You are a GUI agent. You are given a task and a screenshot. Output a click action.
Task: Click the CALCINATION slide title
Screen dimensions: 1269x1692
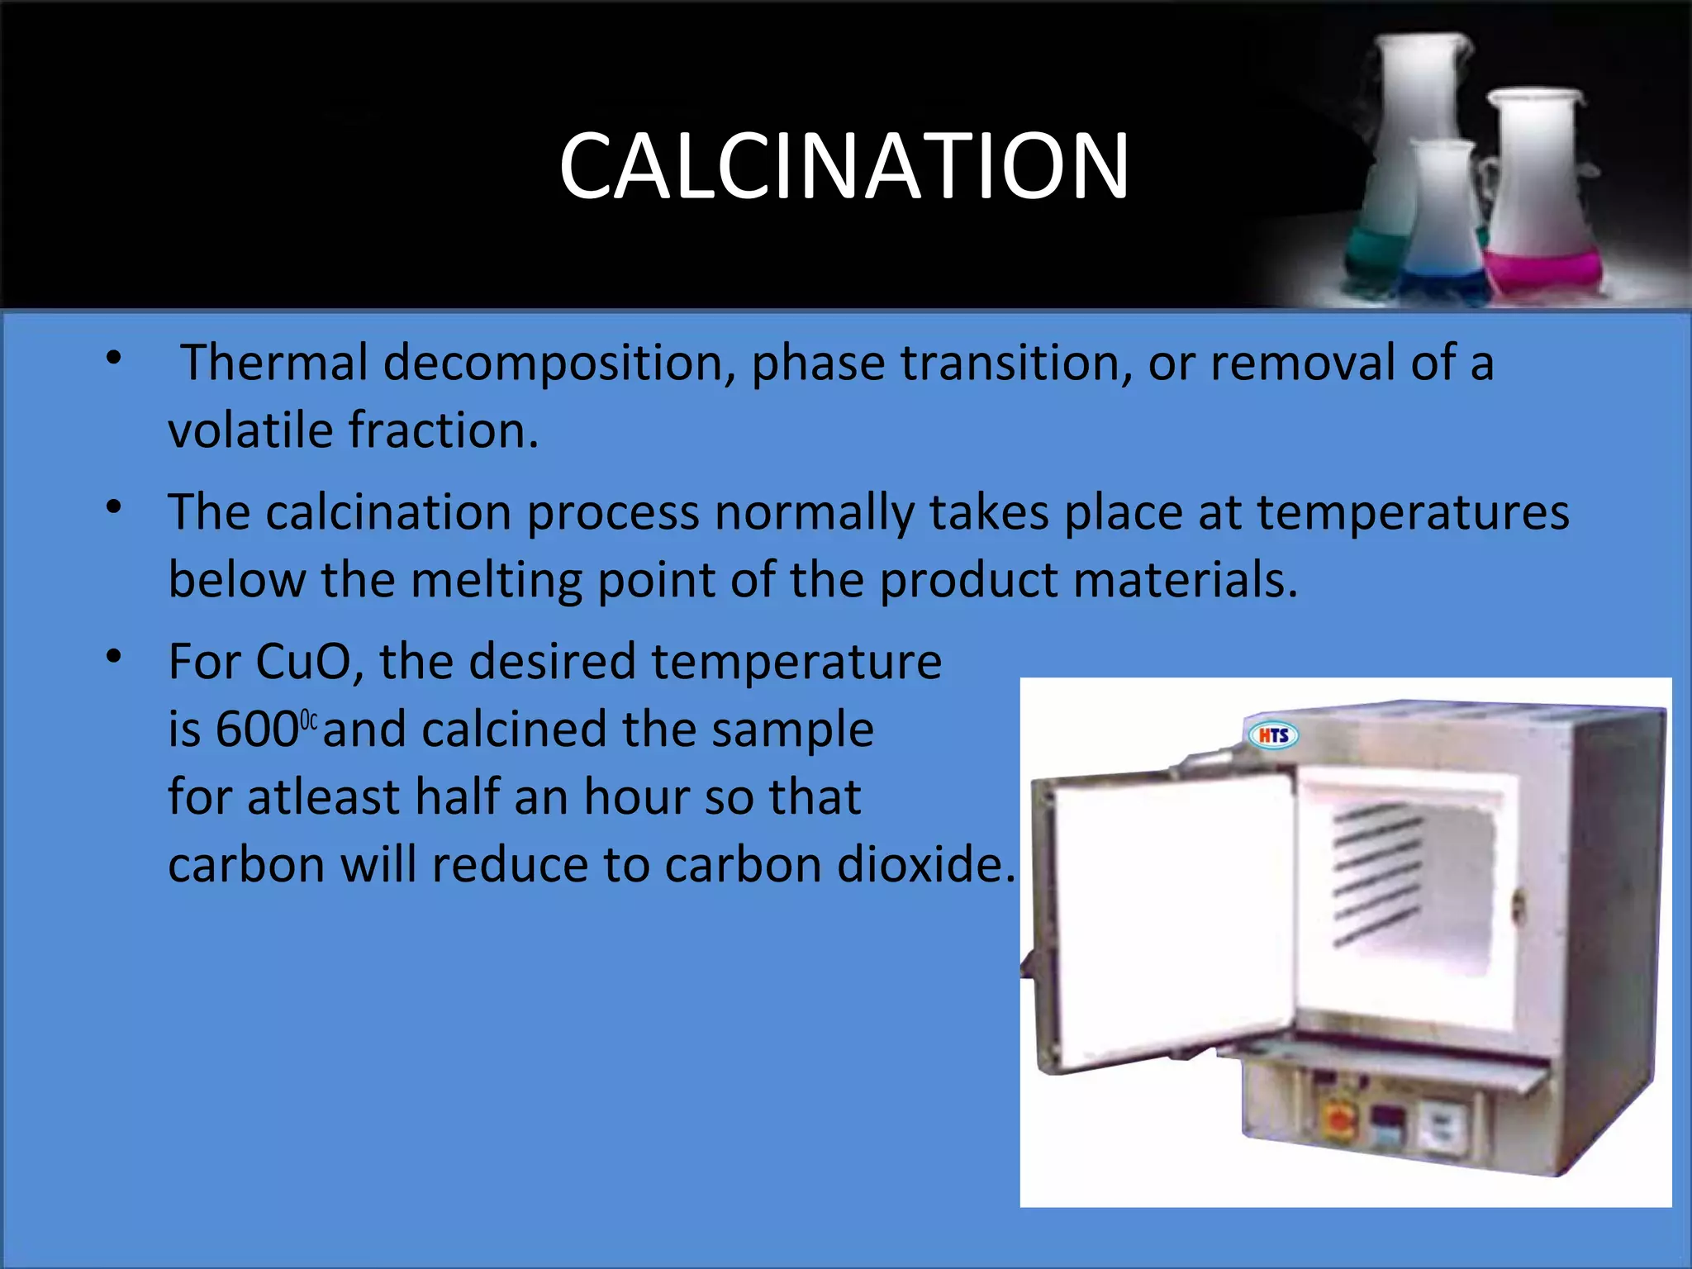(x=844, y=166)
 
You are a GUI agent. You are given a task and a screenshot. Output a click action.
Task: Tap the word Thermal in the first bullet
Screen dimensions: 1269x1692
(x=273, y=363)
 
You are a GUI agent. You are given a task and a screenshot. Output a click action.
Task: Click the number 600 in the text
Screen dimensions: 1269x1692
(x=256, y=730)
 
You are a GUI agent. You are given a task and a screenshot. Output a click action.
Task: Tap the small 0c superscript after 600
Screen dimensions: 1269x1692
(x=308, y=720)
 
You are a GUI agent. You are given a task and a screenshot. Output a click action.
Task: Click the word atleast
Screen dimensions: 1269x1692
(x=323, y=797)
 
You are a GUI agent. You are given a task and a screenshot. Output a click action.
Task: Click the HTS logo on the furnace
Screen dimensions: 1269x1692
(x=1272, y=734)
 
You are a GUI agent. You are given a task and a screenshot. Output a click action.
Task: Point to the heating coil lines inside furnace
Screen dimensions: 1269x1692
(x=1376, y=876)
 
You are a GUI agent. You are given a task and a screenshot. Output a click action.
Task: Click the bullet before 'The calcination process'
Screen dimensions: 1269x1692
(x=114, y=506)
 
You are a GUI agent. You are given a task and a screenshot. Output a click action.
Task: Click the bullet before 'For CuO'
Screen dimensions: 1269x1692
(x=114, y=657)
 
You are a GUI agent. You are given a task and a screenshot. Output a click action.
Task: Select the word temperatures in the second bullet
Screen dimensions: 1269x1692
(x=1413, y=512)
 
